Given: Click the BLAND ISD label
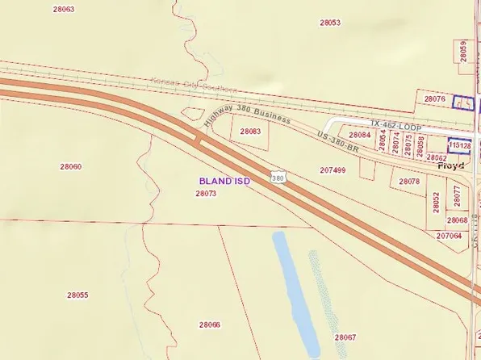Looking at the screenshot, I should coord(224,182).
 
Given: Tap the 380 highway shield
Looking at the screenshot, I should coord(278,177).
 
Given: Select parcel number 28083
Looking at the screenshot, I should coord(250,131).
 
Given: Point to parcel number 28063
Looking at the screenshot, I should coord(63,9).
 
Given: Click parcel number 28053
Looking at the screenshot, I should coord(329,23).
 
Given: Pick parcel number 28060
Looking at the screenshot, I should coord(70,166).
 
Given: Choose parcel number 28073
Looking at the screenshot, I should coord(206,194).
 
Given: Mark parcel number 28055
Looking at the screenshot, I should coord(77,295).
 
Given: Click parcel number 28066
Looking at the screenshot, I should coord(209,324).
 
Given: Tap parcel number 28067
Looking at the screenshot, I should coord(345,337).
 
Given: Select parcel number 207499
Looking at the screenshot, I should coord(333,170).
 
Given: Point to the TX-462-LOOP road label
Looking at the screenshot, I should coord(397,123).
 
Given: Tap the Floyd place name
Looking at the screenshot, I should coord(451,165).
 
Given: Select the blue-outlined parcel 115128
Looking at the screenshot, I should coord(460,145).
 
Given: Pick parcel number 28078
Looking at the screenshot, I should coord(409,182).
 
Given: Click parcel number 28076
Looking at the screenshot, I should coord(434,98).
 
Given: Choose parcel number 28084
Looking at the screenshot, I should coord(359,135).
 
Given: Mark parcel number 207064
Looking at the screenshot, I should coord(449,236).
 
